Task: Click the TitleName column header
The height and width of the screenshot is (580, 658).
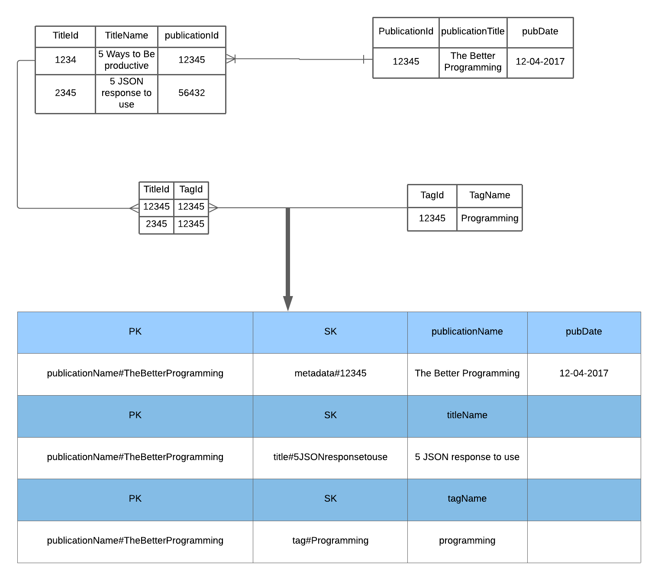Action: tap(126, 36)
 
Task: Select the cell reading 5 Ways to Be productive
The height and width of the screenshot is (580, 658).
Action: tap(126, 60)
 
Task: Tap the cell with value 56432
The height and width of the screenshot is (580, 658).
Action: tap(191, 93)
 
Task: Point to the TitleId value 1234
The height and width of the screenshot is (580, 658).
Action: tap(65, 60)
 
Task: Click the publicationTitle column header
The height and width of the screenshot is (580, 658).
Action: tap(473, 32)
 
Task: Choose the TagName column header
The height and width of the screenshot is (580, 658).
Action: tap(490, 195)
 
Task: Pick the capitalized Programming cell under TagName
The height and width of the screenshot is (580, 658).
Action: tap(490, 219)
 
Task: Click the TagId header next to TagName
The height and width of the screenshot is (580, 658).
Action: tap(432, 195)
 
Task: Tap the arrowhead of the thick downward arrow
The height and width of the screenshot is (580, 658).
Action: tap(288, 303)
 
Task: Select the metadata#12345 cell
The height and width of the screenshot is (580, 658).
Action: tap(330, 374)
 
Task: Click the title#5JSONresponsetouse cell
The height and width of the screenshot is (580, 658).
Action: tap(330, 457)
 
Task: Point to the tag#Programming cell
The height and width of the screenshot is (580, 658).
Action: tap(330, 541)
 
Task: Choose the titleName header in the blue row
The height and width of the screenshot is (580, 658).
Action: tap(467, 416)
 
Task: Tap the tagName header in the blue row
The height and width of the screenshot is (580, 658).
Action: tap(467, 499)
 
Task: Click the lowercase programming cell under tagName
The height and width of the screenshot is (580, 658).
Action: tap(467, 541)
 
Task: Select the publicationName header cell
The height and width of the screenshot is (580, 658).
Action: tap(467, 332)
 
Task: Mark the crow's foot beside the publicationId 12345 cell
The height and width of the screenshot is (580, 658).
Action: tap(231, 59)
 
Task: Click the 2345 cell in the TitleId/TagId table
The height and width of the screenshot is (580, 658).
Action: tap(156, 224)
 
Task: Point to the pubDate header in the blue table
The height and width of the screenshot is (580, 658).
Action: tap(584, 332)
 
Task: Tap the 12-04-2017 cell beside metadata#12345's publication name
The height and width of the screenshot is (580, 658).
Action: tap(584, 374)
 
